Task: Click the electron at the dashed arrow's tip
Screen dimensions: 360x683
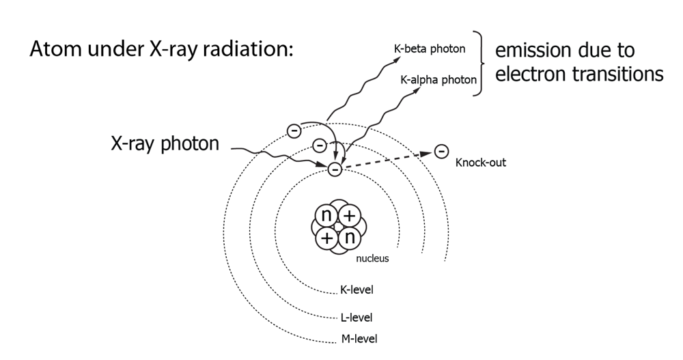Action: click(x=441, y=151)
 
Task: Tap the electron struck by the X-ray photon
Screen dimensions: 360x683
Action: click(x=335, y=169)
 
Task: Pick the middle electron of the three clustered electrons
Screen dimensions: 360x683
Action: click(x=318, y=146)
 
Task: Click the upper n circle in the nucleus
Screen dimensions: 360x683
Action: click(x=326, y=217)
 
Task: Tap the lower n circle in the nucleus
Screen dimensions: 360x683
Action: click(x=350, y=238)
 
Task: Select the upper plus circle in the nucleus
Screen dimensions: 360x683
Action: click(x=349, y=217)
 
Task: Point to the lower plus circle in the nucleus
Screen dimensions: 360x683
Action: click(x=327, y=238)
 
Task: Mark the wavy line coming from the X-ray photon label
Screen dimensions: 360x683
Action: click(x=273, y=156)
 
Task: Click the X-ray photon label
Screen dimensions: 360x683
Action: click(x=165, y=146)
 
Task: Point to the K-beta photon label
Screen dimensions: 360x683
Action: click(x=430, y=49)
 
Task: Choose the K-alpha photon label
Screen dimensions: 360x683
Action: click(x=438, y=80)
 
